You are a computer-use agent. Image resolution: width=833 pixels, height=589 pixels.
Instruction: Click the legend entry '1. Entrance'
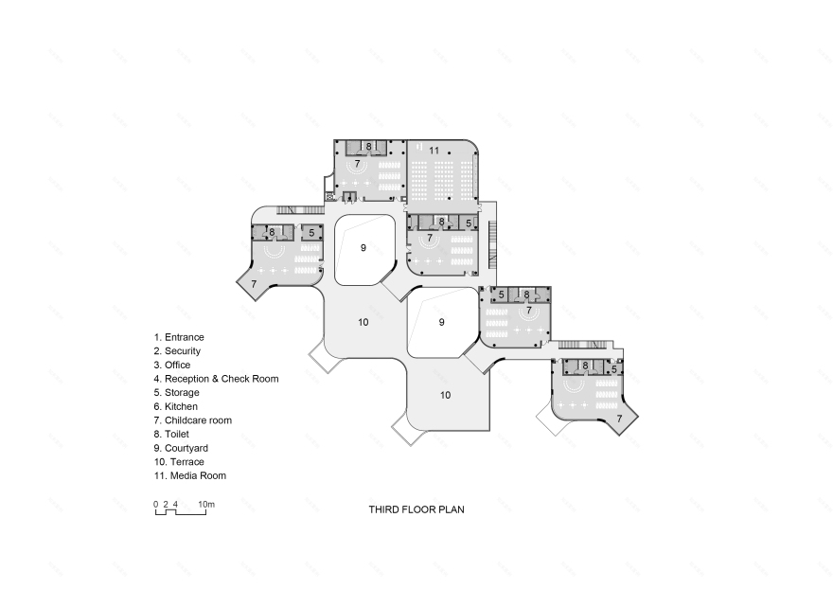click(x=179, y=337)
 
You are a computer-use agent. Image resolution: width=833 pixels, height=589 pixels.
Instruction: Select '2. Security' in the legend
click(x=178, y=350)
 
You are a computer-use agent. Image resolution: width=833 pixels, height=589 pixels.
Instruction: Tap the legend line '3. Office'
click(x=172, y=365)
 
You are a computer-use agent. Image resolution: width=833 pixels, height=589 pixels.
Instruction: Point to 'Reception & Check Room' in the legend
click(x=216, y=379)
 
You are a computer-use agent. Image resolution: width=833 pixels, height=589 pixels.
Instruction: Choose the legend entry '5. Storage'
click(x=176, y=392)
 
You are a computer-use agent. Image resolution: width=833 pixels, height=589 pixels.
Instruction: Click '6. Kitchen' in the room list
click(x=176, y=406)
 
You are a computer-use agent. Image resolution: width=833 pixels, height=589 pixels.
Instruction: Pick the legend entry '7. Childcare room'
click(x=192, y=419)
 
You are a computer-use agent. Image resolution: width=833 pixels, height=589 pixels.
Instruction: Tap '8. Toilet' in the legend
click(x=173, y=434)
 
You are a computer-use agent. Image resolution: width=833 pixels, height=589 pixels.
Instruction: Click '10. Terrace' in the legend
click(x=179, y=461)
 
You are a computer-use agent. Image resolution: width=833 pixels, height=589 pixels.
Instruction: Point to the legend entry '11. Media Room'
click(x=189, y=475)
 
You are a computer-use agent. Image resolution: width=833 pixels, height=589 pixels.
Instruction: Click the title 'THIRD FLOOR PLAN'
click(x=416, y=509)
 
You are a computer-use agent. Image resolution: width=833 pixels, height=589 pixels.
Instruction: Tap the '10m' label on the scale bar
click(x=206, y=504)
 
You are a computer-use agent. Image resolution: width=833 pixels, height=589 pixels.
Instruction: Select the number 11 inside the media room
click(x=434, y=151)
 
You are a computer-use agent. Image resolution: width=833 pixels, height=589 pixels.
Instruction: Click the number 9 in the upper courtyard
click(x=363, y=247)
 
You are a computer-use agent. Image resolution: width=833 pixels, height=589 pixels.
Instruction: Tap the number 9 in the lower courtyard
click(x=441, y=322)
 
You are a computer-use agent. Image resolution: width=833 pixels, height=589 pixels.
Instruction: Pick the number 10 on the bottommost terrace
click(x=445, y=394)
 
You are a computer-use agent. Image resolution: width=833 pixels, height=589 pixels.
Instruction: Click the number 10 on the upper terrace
click(x=363, y=322)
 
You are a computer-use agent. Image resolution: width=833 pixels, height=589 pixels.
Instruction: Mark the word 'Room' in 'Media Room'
click(x=213, y=475)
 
